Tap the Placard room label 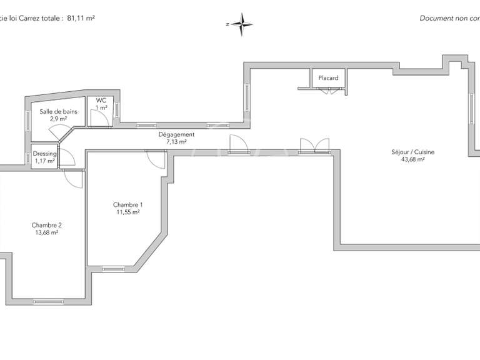click(328, 78)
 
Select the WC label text click(101, 100)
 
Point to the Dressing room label click(44, 154)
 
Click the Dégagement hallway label click(176, 134)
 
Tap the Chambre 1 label click(127, 205)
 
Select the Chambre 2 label click(47, 225)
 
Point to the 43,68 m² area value click(412, 159)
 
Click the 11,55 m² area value click(127, 212)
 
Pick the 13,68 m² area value click(47, 232)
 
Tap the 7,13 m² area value click(176, 142)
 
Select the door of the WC click(98, 116)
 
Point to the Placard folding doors click(329, 92)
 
